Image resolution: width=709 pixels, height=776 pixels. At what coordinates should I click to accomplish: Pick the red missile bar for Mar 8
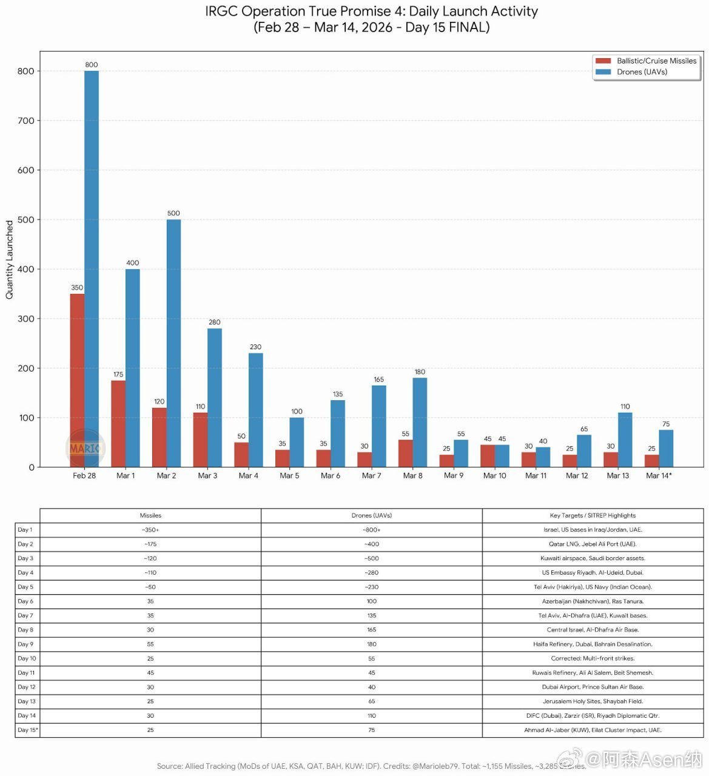405,453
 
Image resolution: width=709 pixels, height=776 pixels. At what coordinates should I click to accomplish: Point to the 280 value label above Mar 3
215,322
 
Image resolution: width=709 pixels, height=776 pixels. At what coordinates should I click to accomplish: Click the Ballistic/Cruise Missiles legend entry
646,61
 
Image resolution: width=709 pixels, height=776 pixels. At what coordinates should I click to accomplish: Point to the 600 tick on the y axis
25,170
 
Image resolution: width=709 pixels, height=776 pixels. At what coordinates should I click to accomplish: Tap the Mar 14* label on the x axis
659,476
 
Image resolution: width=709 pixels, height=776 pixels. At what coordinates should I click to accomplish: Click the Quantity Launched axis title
9,259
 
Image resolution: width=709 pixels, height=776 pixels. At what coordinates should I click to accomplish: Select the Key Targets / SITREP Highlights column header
593,515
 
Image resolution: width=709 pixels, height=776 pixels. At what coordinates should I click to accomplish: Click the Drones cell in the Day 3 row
371,558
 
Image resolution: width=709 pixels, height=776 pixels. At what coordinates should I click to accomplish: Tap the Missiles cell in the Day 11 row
150,672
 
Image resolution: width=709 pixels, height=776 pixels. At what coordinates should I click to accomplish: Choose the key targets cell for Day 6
593,601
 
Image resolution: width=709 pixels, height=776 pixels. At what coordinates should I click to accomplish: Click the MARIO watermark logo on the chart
85,449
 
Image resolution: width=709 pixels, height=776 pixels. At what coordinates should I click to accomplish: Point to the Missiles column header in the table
150,515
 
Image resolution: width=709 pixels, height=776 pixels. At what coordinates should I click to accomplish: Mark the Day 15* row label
28,730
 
